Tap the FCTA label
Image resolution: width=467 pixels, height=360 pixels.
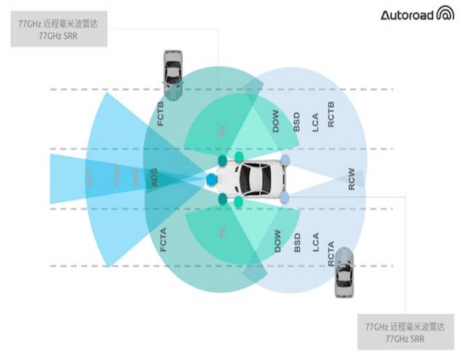pos(163,236)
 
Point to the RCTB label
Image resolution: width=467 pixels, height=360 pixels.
pos(332,114)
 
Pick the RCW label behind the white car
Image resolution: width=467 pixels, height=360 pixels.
pos(352,179)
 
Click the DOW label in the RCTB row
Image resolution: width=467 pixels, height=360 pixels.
pos(276,121)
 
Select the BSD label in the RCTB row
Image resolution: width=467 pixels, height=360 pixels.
pos(296,122)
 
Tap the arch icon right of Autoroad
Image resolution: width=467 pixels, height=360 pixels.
pos(445,13)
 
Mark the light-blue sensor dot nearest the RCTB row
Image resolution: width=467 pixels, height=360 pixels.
pos(285,159)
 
